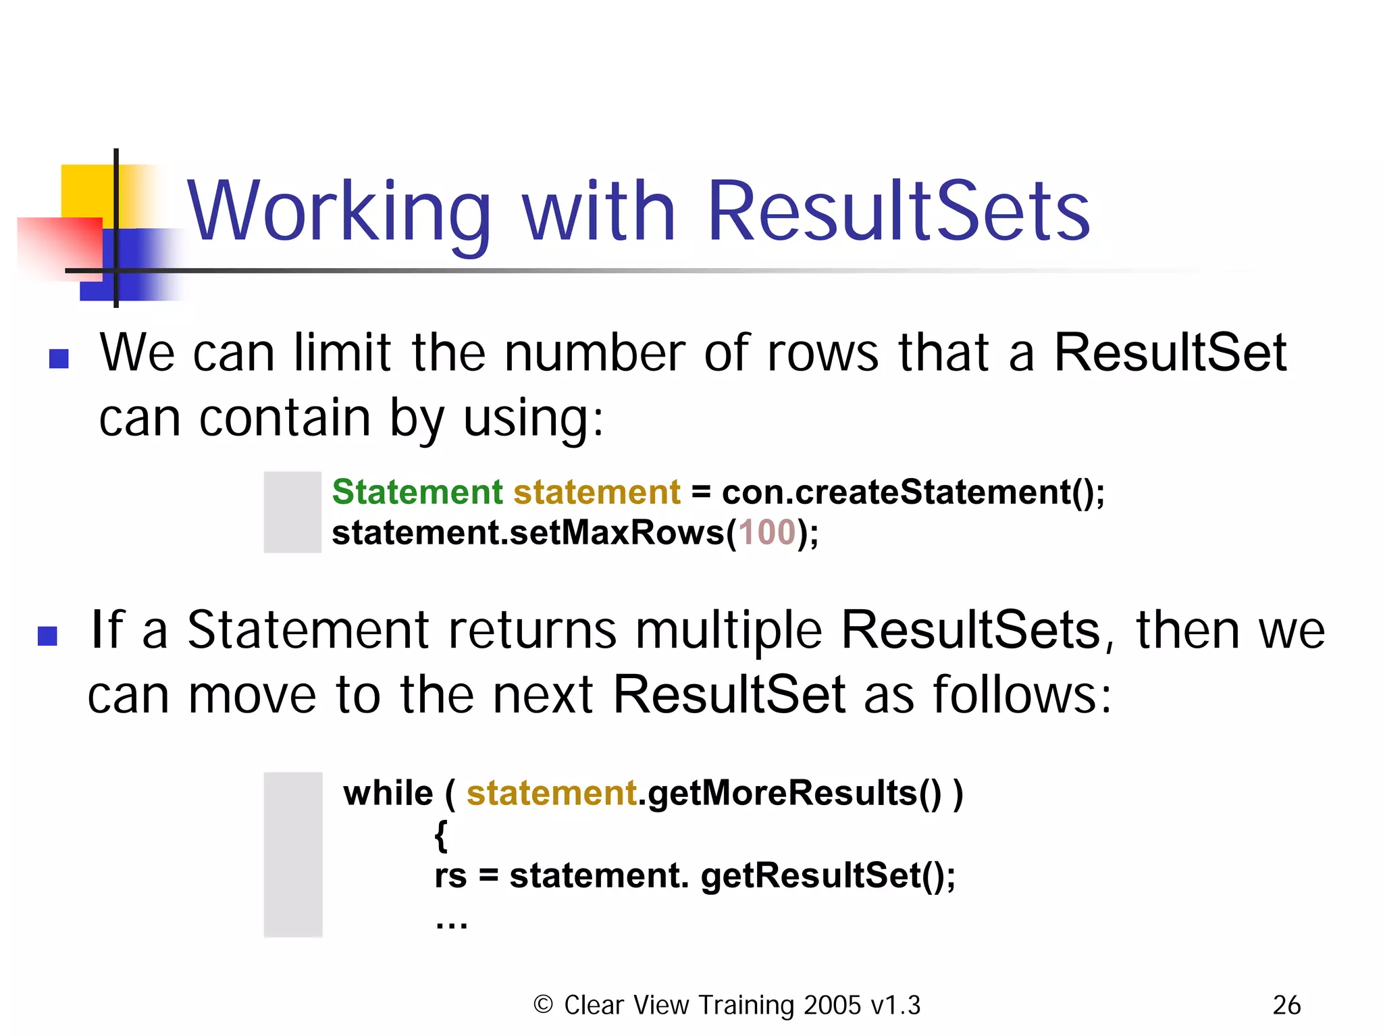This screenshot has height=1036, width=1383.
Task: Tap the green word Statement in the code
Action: coord(417,492)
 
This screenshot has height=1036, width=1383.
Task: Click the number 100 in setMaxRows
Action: coord(767,532)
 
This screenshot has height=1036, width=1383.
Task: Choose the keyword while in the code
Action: coord(388,793)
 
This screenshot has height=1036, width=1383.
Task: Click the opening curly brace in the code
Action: coord(441,835)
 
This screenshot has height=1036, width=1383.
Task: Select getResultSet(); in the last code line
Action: coord(828,876)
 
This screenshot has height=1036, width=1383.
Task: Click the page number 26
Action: coord(1286,1006)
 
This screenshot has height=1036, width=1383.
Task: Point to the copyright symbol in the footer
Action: coord(543,1005)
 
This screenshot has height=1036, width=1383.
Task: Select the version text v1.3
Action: coord(895,1006)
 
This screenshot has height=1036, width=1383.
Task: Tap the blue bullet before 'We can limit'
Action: coord(59,359)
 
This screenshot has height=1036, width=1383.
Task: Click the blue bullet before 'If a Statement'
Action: coord(47,636)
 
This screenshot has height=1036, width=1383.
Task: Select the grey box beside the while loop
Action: coord(293,854)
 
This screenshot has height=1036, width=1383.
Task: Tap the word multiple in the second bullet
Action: coord(728,631)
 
